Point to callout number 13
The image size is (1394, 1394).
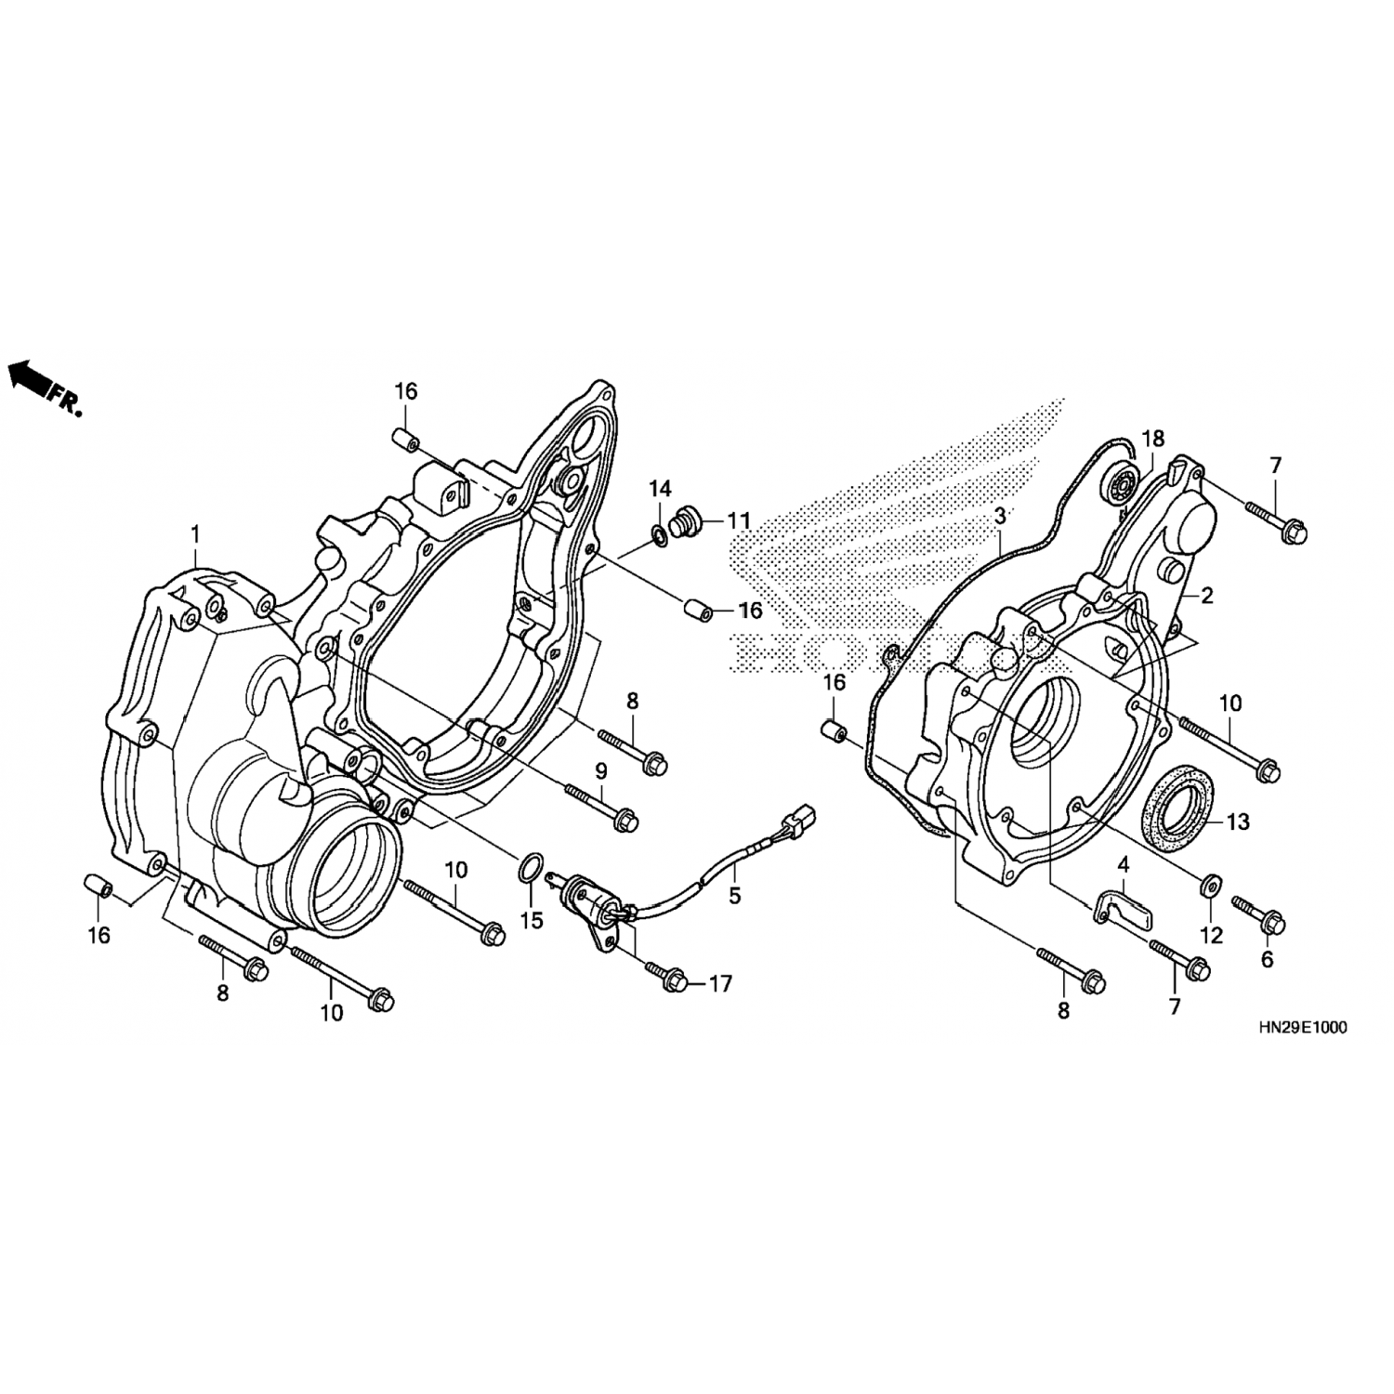point(1238,822)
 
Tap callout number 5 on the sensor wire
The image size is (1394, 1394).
point(735,896)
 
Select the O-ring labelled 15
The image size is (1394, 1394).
point(528,868)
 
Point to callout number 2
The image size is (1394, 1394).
point(1206,596)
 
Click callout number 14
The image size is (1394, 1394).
point(659,487)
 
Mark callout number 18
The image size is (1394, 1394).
point(1151,438)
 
